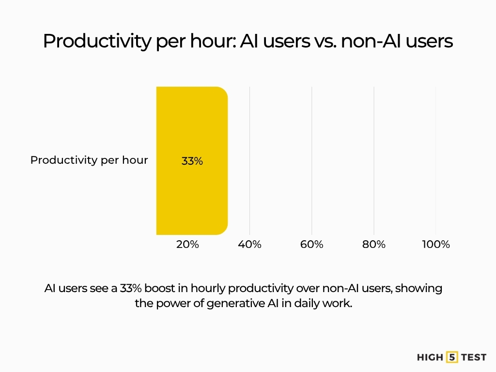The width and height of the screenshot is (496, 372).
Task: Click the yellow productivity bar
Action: (192, 161)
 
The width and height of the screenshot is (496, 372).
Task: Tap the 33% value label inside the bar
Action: (192, 161)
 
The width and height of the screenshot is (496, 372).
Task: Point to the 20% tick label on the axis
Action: (187, 244)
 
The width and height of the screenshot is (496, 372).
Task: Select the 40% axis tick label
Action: (249, 244)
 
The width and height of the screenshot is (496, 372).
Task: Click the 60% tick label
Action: (311, 244)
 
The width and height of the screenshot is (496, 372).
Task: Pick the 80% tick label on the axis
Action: (373, 244)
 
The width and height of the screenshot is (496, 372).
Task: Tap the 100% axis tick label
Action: (436, 244)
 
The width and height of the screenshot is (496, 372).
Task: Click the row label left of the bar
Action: (89, 160)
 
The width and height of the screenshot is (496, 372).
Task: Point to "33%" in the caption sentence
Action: (131, 288)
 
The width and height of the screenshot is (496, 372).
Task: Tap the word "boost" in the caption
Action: (160, 288)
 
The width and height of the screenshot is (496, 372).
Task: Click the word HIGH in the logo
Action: (430, 357)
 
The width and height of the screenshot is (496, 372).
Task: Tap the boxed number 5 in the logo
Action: (452, 357)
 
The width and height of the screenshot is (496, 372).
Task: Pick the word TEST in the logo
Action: (474, 357)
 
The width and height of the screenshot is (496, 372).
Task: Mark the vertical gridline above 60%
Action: (311, 161)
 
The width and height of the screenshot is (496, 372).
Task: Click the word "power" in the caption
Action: (172, 304)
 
